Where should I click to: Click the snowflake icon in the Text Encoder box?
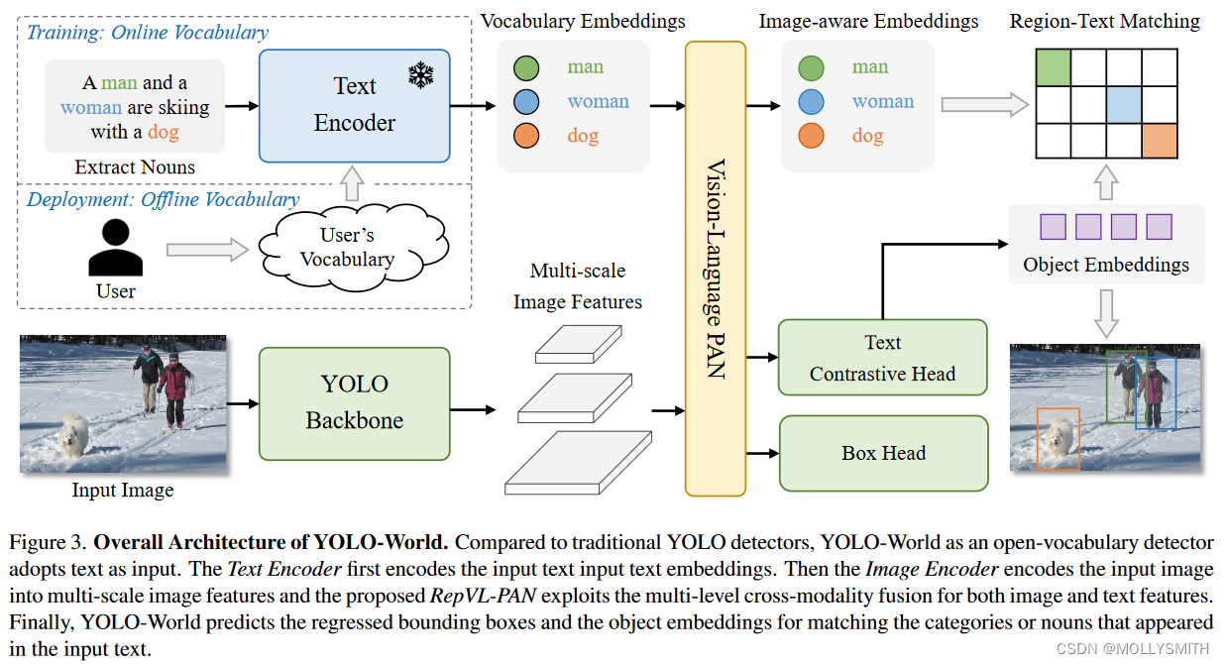point(421,75)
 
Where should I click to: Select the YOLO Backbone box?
point(355,403)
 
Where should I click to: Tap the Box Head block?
point(884,453)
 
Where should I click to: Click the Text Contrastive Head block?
point(882,358)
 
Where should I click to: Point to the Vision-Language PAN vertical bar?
point(716,269)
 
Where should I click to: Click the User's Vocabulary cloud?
point(353,247)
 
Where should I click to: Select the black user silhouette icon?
point(115,247)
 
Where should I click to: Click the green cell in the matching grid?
point(1053,67)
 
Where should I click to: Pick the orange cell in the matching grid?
point(1160,141)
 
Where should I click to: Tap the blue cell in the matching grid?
point(1124,104)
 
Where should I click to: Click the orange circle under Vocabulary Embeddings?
point(526,136)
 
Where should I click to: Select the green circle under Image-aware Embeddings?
point(811,68)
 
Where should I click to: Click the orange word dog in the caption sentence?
point(164,132)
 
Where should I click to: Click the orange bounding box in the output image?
point(1058,439)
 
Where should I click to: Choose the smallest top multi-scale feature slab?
point(578,344)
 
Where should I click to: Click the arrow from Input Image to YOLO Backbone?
point(243,404)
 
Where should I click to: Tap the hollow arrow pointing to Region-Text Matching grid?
point(985,104)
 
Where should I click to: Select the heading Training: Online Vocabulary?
point(148,33)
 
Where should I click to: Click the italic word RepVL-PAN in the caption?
point(483,596)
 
